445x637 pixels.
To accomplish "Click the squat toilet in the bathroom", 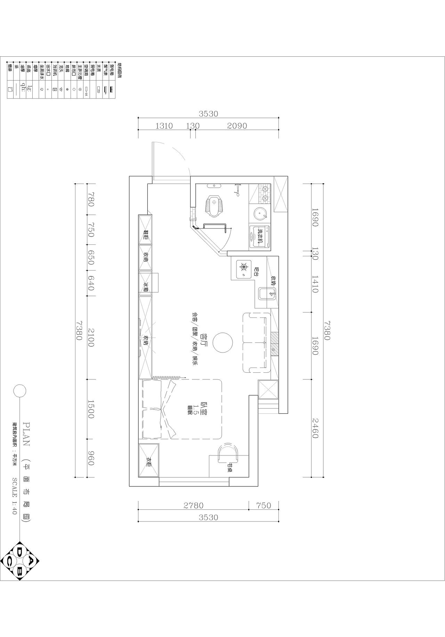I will pyautogui.click(x=215, y=205).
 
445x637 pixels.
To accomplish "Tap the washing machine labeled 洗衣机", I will pyautogui.click(x=260, y=237).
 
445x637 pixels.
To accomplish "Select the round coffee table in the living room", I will pyautogui.click(x=222, y=342).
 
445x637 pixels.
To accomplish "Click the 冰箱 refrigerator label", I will pyautogui.click(x=146, y=287).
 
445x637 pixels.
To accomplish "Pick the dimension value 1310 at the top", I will pyautogui.click(x=164, y=126).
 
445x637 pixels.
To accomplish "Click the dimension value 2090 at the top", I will pyautogui.click(x=237, y=126).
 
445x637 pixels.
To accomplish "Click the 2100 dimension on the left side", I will pyautogui.click(x=91, y=337).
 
